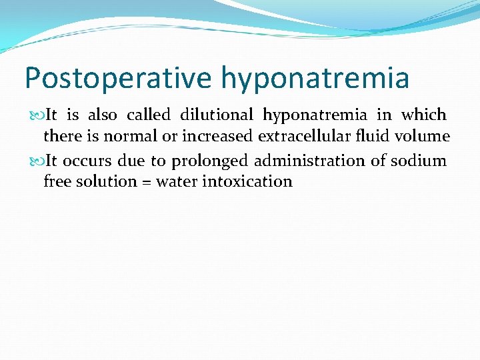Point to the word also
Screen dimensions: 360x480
pyautogui.click(x=103, y=115)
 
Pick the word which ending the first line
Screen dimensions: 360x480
pyautogui.click(x=423, y=115)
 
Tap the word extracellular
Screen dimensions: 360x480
pyautogui.click(x=314, y=137)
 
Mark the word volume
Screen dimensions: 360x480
pyautogui.click(x=426, y=137)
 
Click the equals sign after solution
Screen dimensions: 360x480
pyautogui.click(x=144, y=182)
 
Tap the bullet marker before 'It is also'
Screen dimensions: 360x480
pyautogui.click(x=37, y=115)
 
